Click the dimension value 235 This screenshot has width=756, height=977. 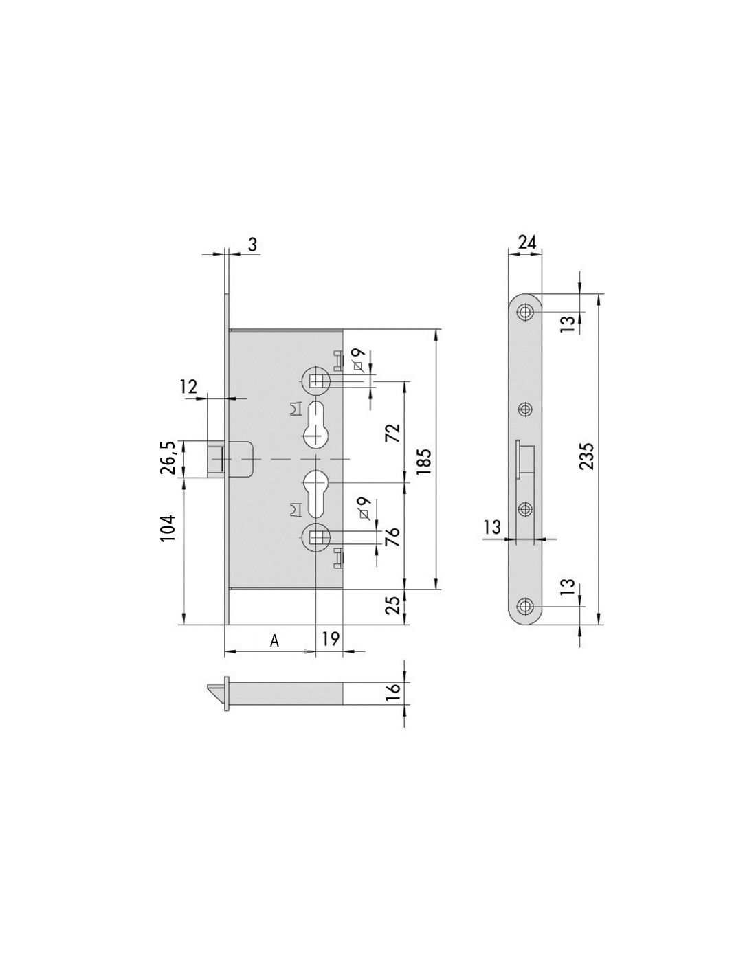[x=586, y=456]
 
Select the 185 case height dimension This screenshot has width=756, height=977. [x=423, y=461]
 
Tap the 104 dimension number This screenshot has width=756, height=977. [x=168, y=528]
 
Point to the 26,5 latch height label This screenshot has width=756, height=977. [x=168, y=458]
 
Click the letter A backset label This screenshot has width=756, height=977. [x=274, y=640]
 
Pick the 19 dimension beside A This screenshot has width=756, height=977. [x=331, y=638]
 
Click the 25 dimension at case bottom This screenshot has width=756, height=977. [x=392, y=605]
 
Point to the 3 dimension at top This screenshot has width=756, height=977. [x=252, y=245]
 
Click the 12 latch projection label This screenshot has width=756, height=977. [x=188, y=387]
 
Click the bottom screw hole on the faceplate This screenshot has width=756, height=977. [x=524, y=605]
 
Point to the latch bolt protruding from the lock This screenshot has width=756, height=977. [x=216, y=458]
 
